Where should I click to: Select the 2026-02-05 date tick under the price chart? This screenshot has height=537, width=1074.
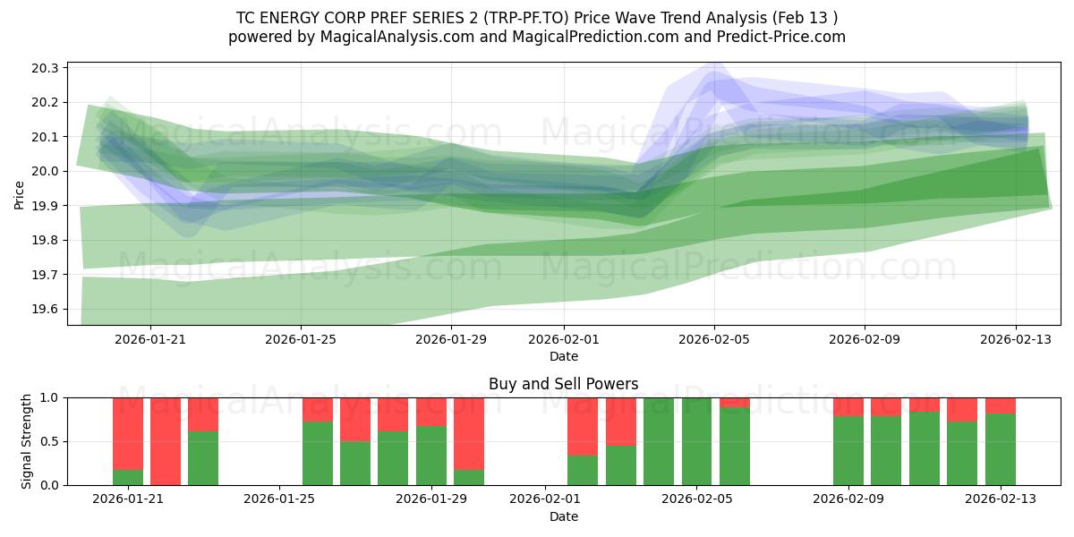click(x=713, y=339)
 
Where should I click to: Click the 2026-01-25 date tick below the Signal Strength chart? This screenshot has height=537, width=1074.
click(x=280, y=499)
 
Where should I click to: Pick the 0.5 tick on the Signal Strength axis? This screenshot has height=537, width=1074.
click(x=48, y=441)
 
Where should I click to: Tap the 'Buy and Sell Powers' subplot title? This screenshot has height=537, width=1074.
click(x=563, y=384)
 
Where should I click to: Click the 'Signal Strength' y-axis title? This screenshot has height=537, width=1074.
click(x=27, y=441)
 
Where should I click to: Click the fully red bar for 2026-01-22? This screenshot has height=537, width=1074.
click(x=166, y=441)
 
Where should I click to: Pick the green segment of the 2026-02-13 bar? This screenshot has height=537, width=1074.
click(x=1000, y=449)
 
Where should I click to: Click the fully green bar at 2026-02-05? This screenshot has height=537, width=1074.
click(x=696, y=441)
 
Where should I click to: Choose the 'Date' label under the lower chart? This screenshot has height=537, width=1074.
click(x=563, y=516)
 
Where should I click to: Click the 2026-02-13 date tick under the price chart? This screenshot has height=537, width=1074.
click(x=1015, y=339)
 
